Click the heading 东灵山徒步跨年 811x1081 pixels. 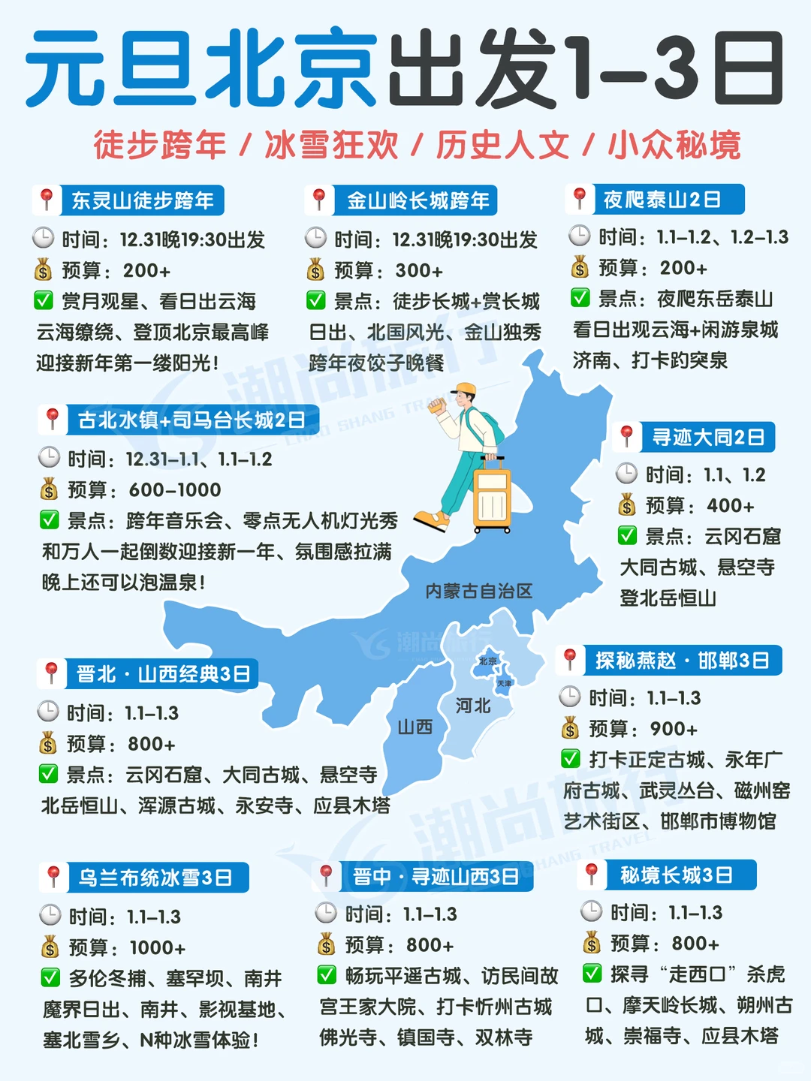tap(143, 200)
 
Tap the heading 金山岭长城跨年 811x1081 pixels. tap(418, 200)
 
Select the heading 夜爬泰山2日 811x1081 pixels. tap(662, 199)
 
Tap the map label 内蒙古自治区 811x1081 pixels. tap(478, 591)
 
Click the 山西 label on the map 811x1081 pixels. tap(415, 727)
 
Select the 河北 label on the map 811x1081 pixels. tap(473, 706)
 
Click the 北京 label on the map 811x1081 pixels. tap(488, 661)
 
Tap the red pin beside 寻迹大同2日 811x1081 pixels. tap(626, 435)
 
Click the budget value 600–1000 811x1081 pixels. tap(175, 490)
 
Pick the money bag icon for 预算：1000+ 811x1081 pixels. tap(50, 947)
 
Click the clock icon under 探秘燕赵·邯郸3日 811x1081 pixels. tap(570, 697)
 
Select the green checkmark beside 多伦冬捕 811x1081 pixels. tap(50, 977)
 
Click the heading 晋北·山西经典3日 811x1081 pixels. tap(163, 673)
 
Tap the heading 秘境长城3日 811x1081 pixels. tap(676, 875)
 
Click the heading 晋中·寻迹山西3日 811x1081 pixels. tap(436, 876)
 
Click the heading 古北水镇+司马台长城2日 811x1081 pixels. tap(191, 420)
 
